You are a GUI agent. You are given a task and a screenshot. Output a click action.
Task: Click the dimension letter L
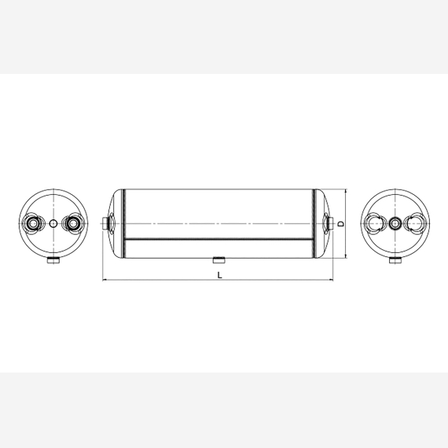click(x=220, y=275)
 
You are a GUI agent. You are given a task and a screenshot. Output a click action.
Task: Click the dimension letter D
click(x=341, y=224)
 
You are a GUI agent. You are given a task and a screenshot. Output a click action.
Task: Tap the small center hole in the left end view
click(x=53, y=223)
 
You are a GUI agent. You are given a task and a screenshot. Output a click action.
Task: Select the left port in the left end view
click(x=34, y=223)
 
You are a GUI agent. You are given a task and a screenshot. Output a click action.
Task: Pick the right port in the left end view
click(x=73, y=223)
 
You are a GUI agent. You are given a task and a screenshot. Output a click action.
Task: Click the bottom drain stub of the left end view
click(x=53, y=260)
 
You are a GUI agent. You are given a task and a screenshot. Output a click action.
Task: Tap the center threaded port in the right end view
click(x=395, y=223)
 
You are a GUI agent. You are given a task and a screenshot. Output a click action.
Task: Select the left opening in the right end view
click(x=375, y=223)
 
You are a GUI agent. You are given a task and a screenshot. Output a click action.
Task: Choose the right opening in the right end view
click(x=415, y=223)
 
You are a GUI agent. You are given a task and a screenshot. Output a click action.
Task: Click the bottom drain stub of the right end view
click(x=395, y=260)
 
